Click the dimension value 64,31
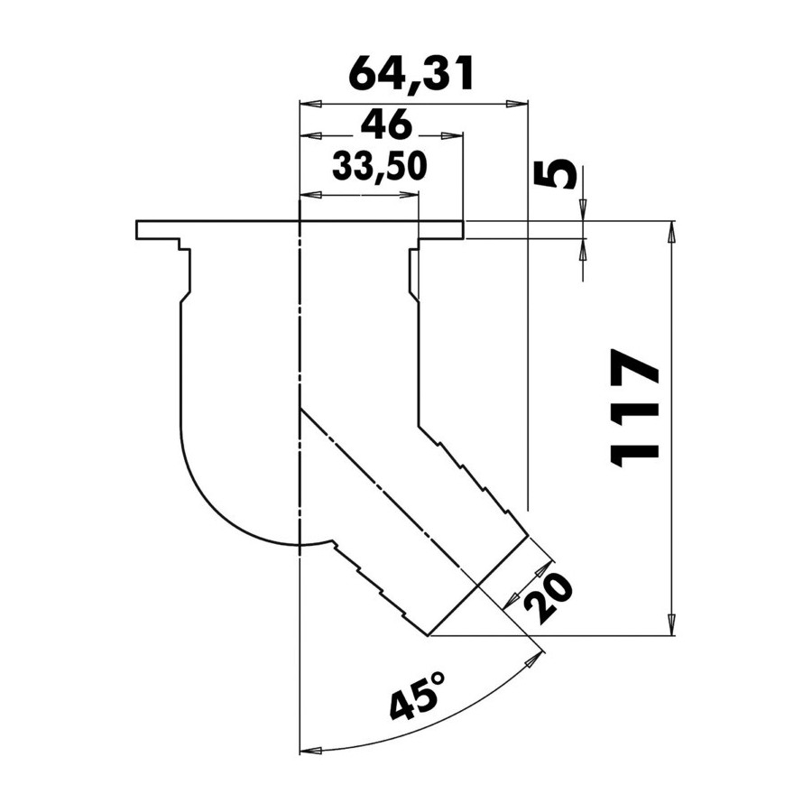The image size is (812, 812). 411,75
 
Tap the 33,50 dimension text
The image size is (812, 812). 379,166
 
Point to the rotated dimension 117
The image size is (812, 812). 635,408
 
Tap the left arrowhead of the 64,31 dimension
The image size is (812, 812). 310,104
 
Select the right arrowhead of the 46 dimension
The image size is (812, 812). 451,136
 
